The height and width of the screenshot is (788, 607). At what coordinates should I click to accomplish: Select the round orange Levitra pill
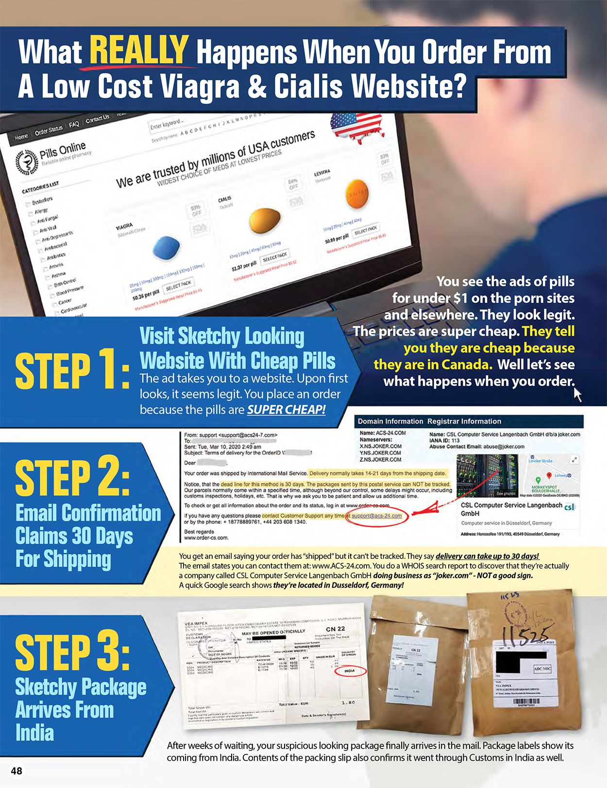[x=358, y=193]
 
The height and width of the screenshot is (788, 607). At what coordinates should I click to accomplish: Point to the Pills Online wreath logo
[x=26, y=161]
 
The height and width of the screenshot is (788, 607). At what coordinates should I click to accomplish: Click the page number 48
[x=16, y=771]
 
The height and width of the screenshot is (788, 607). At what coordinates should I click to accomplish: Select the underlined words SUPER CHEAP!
[x=286, y=409]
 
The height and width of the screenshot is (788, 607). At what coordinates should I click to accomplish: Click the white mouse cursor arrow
[x=577, y=394]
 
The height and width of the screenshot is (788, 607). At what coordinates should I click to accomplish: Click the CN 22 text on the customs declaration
[x=335, y=629]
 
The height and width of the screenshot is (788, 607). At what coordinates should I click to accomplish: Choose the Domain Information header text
[x=390, y=421]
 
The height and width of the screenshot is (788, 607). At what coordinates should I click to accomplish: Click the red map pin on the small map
[x=549, y=476]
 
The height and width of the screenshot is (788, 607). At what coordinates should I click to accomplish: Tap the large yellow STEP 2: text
[x=73, y=478]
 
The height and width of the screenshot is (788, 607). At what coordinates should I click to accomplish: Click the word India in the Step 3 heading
[x=34, y=732]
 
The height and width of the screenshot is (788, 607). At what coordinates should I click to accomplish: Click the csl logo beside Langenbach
[x=570, y=507]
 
